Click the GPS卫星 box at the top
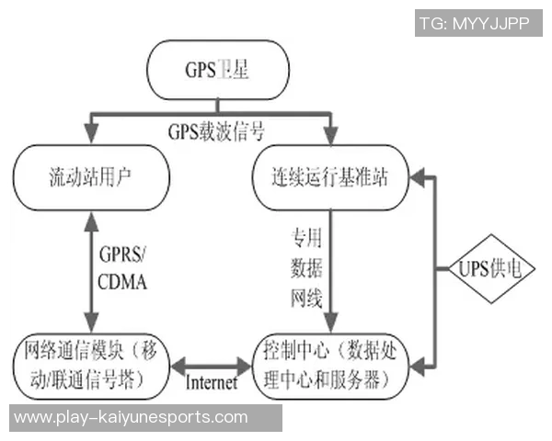(217, 68)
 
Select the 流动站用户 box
(91, 175)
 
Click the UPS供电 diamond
(494, 268)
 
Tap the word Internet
(212, 381)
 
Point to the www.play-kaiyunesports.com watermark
(131, 417)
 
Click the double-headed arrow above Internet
(212, 363)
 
